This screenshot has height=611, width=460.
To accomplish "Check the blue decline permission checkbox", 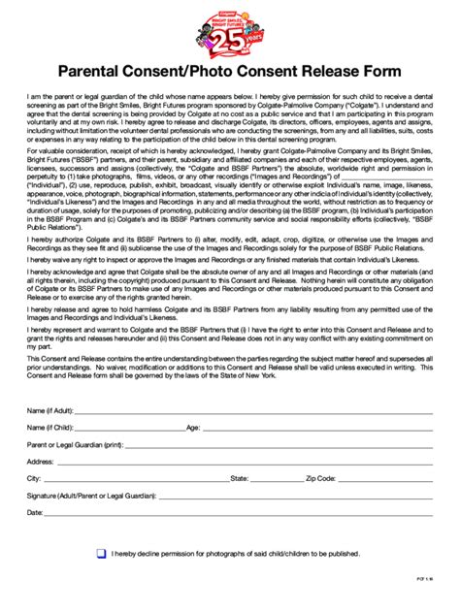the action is (x=102, y=554).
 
